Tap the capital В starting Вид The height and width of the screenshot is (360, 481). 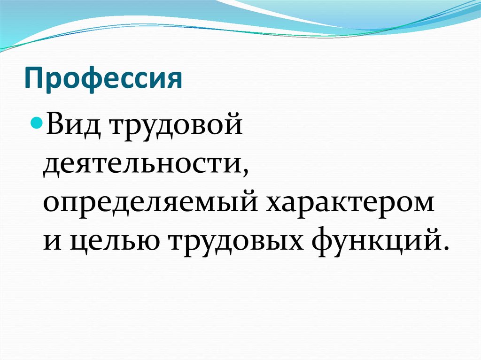click(54, 128)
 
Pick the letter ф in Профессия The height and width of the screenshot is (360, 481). click(88, 80)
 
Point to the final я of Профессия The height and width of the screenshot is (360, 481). click(174, 80)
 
